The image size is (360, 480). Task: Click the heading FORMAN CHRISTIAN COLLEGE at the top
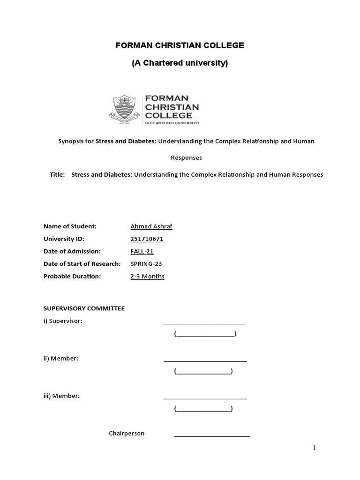(x=180, y=45)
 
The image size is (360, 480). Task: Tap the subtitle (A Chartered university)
(x=180, y=63)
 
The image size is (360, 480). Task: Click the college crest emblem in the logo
(x=125, y=110)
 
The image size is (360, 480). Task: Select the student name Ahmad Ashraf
(x=151, y=226)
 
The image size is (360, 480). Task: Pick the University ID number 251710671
(x=147, y=239)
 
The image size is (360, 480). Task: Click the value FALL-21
(x=142, y=251)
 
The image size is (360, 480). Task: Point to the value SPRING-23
(x=146, y=264)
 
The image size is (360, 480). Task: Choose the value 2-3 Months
(x=147, y=277)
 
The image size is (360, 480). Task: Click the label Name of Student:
(x=70, y=226)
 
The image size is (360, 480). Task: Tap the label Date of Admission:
(x=72, y=251)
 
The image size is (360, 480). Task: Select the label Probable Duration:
(x=72, y=277)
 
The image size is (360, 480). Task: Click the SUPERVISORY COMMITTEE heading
(x=84, y=308)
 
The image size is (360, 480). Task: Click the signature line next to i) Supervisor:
(x=204, y=323)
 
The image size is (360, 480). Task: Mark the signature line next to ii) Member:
(x=205, y=361)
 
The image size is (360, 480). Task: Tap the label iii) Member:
(x=61, y=396)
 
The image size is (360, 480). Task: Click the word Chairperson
(x=127, y=434)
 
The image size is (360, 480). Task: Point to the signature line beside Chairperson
(x=212, y=436)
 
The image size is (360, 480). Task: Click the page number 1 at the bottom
(x=315, y=448)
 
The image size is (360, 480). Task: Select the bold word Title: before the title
(x=57, y=174)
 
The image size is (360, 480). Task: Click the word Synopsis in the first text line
(x=71, y=141)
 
